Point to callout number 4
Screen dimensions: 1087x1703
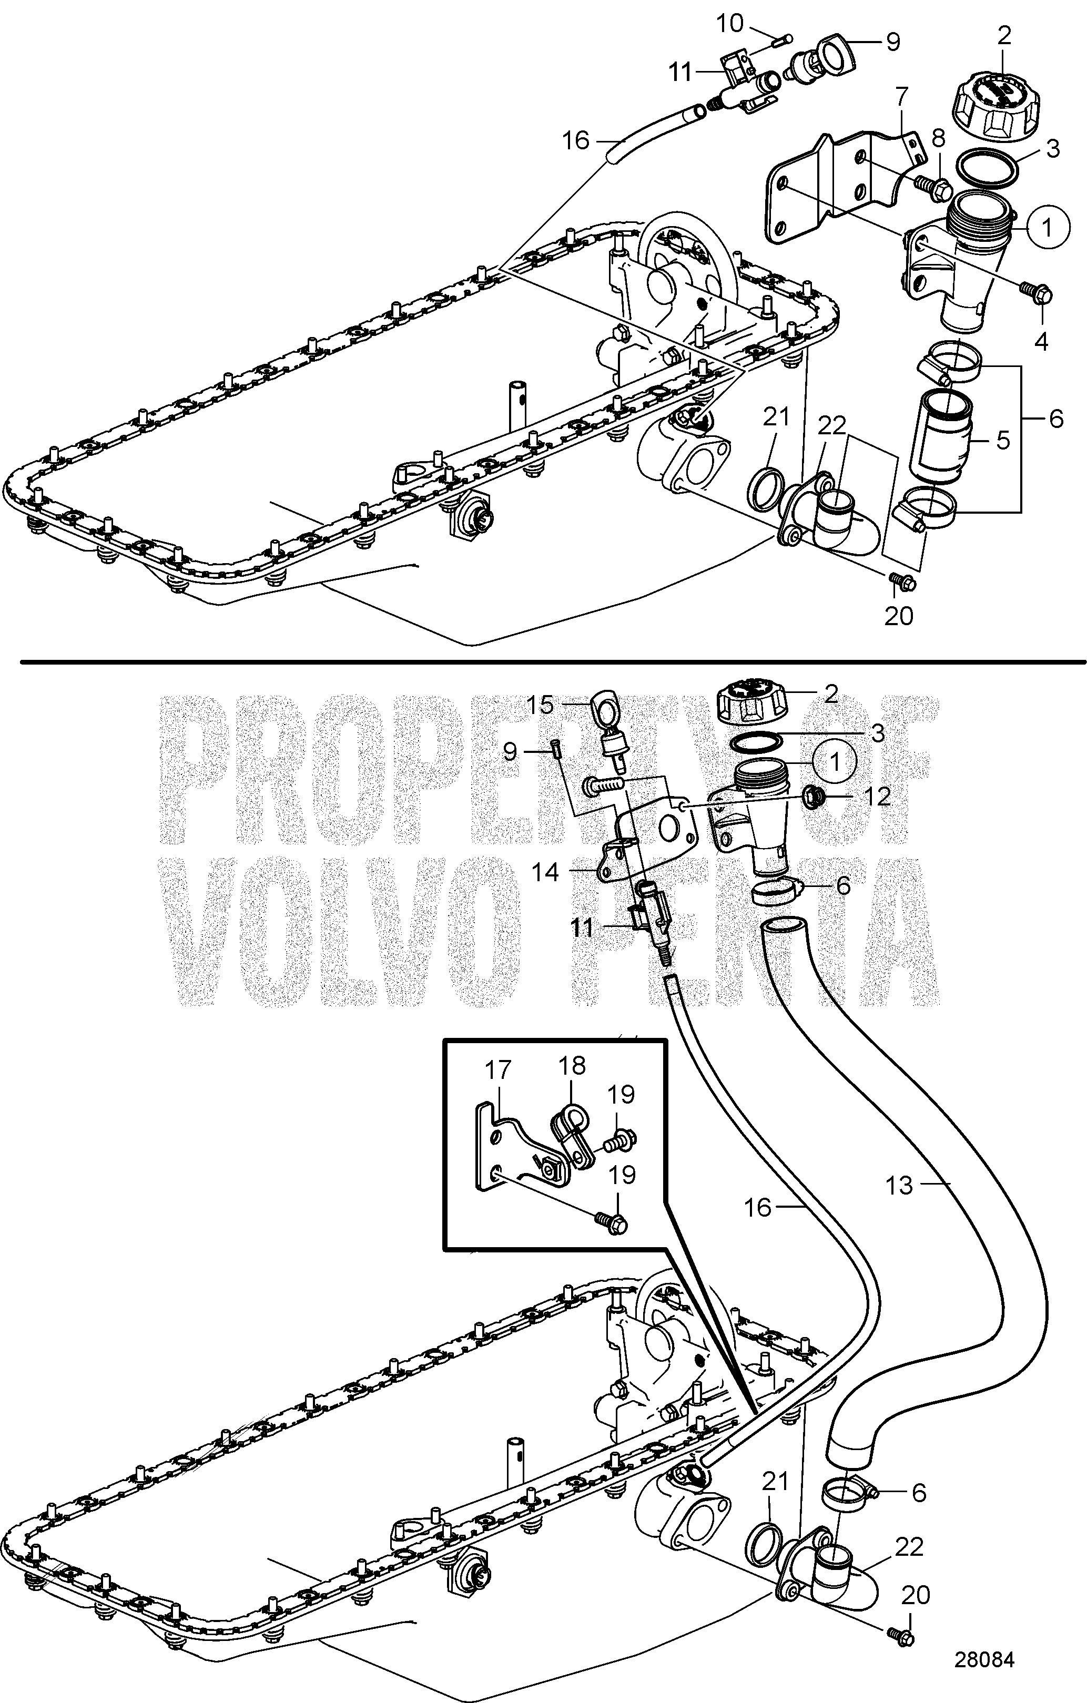[x=1041, y=342]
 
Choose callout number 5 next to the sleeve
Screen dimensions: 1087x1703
[x=1003, y=440]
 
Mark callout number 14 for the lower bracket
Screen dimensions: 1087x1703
[x=545, y=873]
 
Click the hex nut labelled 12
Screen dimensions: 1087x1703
[x=818, y=797]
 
